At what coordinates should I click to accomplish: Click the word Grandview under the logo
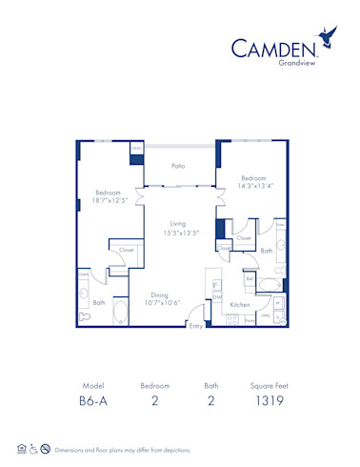[291, 64]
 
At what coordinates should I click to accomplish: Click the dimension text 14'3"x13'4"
[252, 187]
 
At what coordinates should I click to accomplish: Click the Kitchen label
[240, 305]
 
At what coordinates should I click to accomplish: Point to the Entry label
[196, 326]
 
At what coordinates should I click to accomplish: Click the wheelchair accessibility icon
[33, 449]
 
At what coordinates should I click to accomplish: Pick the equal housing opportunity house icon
[21, 449]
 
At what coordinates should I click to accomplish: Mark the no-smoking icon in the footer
[45, 449]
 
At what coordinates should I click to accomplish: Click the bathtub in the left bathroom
[120, 310]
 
